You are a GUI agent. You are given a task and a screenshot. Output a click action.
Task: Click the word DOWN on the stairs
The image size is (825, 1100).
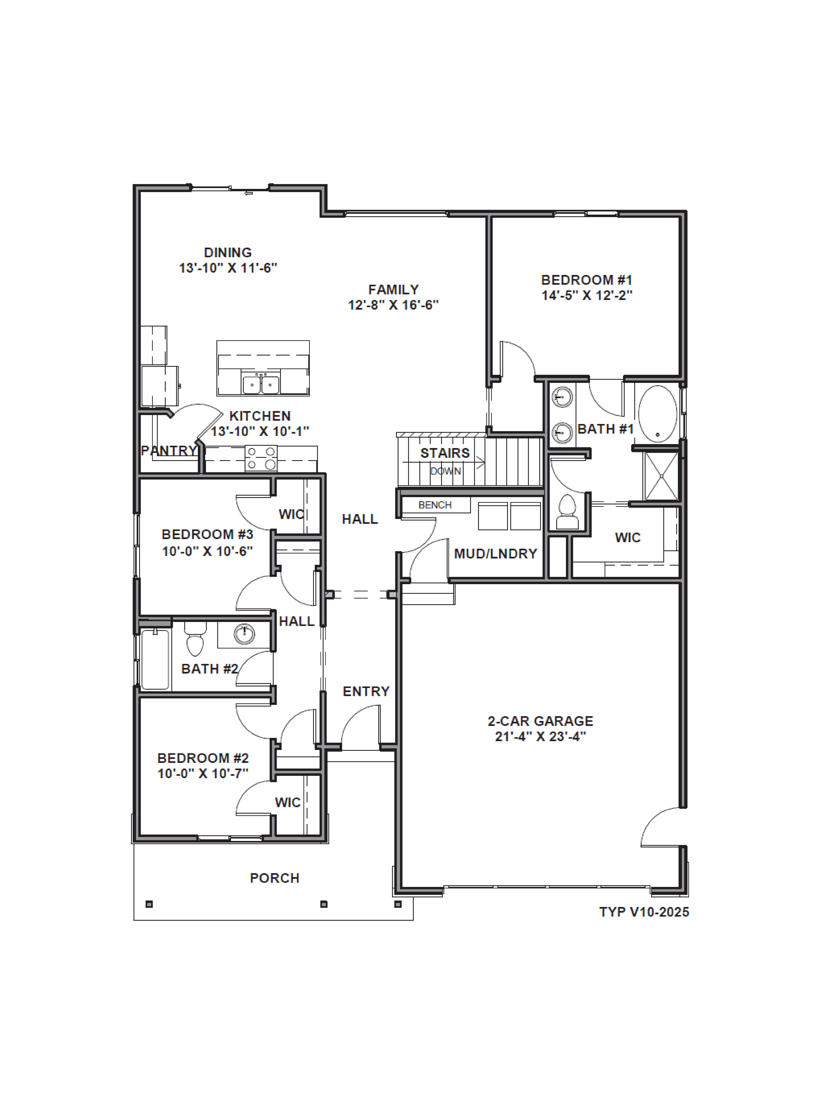coord(446,471)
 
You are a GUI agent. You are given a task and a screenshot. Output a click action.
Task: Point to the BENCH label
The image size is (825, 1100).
coord(435,505)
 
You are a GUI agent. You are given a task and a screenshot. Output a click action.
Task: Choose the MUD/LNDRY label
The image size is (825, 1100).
coord(495,554)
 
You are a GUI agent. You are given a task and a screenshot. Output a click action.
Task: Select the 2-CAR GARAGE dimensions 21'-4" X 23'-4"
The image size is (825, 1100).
coord(541,736)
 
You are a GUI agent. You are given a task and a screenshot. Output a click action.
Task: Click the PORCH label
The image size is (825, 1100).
coord(274,878)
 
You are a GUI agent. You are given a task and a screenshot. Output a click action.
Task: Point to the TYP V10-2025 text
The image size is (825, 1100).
coord(644,912)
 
